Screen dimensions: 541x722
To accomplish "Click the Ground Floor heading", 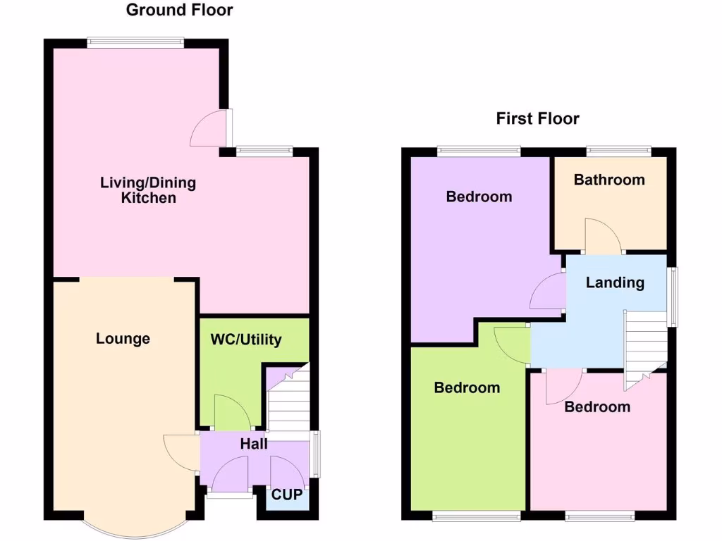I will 179,10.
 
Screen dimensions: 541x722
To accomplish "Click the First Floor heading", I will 537,118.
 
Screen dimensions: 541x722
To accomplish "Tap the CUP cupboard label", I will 287,495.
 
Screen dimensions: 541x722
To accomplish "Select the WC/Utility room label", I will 246,340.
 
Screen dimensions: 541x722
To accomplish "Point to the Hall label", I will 254,444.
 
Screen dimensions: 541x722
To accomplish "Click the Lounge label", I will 123,339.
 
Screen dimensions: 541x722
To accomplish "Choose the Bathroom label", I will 609,180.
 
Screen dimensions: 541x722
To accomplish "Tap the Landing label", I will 615,282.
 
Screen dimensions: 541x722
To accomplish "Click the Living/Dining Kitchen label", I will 148,190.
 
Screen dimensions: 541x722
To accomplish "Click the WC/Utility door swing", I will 230,412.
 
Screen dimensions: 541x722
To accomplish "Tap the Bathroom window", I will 619,150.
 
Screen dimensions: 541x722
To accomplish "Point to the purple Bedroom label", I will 479,197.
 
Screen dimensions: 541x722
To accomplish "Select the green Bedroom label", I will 467,387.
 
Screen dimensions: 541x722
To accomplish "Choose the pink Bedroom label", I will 597,406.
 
